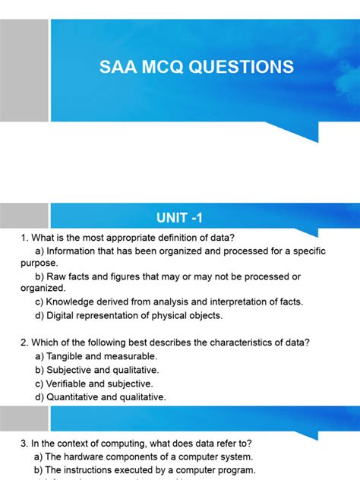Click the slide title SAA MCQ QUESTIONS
(197, 67)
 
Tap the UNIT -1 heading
(179, 219)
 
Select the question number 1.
(24, 238)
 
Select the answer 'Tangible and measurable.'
(102, 355)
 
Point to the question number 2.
(24, 342)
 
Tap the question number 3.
(24, 444)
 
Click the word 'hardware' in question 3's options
(90, 457)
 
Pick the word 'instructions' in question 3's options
(96, 471)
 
